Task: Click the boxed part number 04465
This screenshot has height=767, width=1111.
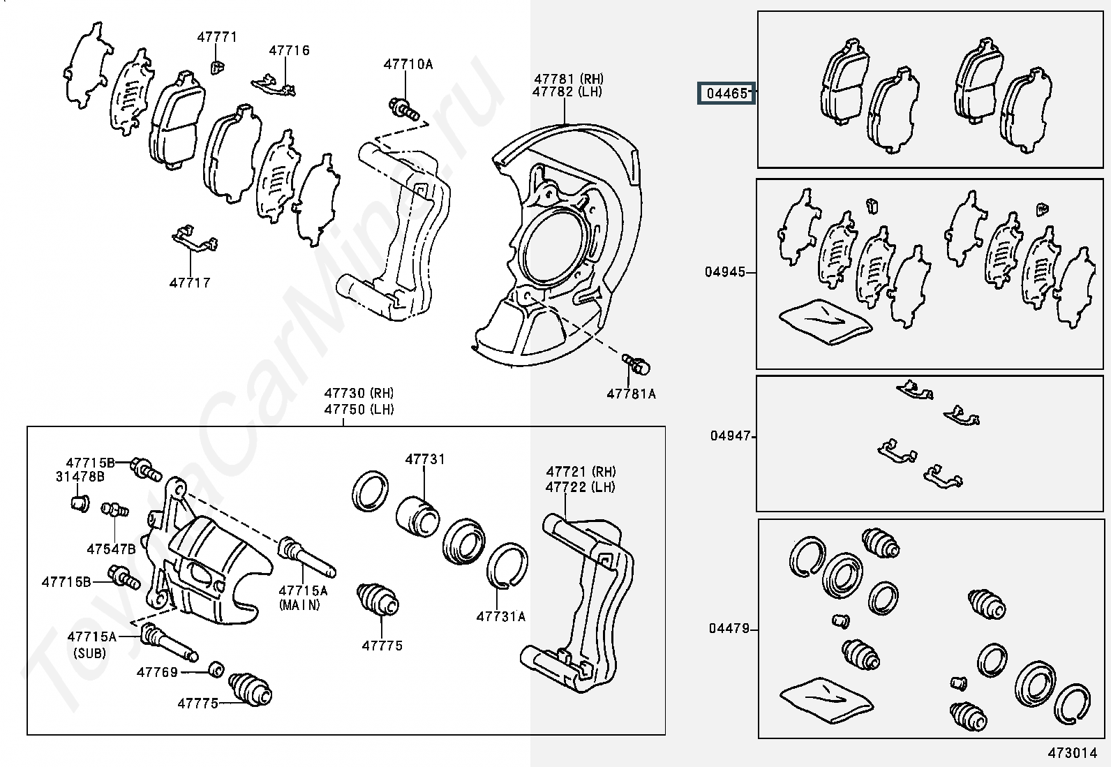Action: click(x=726, y=93)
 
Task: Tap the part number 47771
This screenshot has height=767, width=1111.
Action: click(x=217, y=37)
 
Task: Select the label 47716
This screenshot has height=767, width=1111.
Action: click(x=290, y=50)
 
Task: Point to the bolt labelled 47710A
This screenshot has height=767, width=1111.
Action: click(x=404, y=108)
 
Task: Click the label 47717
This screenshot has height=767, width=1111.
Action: click(x=190, y=283)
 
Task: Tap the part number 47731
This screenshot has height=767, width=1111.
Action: click(x=425, y=459)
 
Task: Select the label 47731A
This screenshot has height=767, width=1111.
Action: click(x=501, y=616)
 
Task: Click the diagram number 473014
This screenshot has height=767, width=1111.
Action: click(x=1072, y=753)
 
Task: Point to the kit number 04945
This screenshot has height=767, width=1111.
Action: click(x=725, y=272)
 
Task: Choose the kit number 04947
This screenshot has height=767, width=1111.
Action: click(x=731, y=436)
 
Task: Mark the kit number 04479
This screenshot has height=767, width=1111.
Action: click(x=729, y=629)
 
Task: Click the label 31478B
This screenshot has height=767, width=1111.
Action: click(x=80, y=477)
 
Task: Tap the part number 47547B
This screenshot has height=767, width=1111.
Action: click(x=111, y=549)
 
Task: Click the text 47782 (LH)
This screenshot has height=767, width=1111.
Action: click(x=567, y=91)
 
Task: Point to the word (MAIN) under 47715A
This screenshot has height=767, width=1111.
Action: click(x=299, y=605)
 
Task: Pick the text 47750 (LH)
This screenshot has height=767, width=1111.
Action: click(x=359, y=410)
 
